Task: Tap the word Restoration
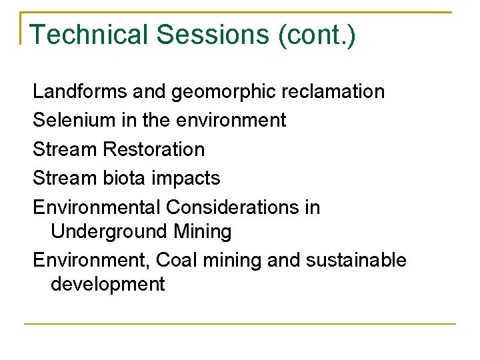[x=154, y=149]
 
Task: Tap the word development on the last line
[x=107, y=285]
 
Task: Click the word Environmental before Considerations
[x=96, y=207]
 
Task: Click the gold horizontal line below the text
[x=240, y=324]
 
